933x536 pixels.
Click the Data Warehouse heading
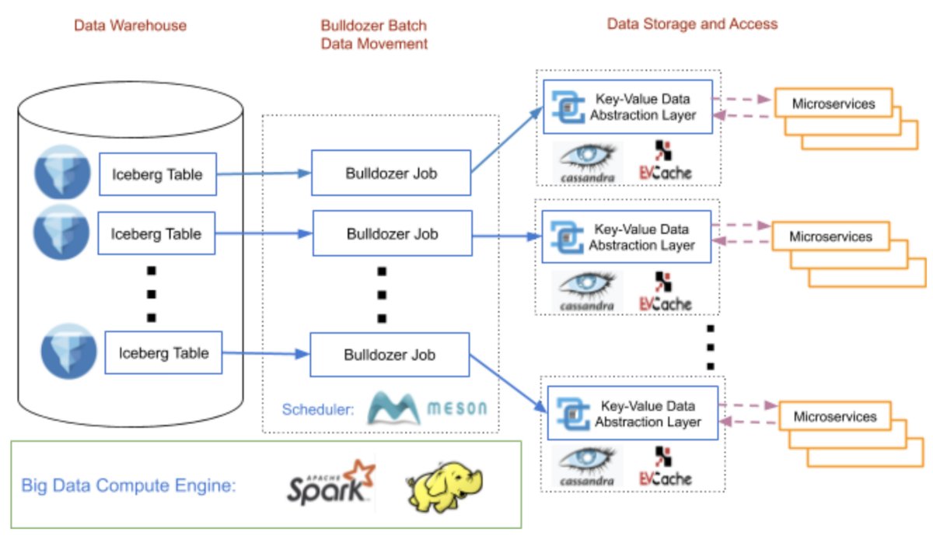130,26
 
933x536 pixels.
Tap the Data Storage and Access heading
692,24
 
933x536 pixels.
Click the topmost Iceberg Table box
156,174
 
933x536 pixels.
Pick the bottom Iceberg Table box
163,352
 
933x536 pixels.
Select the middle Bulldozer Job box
392,233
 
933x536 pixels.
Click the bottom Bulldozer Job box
390,355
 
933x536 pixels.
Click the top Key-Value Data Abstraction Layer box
627,107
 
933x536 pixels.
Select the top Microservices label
833,103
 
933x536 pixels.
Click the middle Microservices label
830,236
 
